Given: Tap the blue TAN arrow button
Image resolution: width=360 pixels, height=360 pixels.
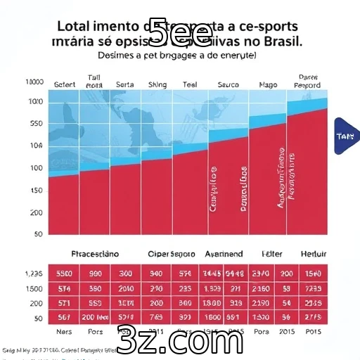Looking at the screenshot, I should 346,136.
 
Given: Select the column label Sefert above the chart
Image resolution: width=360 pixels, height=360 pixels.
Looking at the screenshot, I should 64,84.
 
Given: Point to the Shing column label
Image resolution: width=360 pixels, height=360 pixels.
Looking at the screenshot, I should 157,84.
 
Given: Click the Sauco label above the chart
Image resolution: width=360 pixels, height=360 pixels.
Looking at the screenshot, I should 229,84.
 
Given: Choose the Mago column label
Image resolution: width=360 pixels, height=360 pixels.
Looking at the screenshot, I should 268,84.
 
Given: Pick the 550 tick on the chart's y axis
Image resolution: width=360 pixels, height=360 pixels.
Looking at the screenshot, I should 35,124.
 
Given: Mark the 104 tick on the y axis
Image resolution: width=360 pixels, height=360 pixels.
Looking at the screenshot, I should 35,146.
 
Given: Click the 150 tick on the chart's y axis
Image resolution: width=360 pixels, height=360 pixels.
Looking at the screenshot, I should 35,191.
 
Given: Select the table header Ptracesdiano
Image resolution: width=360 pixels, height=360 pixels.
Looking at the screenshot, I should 96,253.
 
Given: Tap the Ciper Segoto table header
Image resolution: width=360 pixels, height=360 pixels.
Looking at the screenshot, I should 171,253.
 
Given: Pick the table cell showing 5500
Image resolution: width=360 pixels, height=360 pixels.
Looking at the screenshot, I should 64,274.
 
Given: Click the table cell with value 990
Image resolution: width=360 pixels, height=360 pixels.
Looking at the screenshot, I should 95,274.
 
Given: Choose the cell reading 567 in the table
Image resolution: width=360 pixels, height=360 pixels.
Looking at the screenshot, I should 64,317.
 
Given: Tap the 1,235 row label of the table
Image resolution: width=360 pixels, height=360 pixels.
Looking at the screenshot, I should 34,274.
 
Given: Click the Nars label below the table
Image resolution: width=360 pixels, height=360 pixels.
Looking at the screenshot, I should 64,331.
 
